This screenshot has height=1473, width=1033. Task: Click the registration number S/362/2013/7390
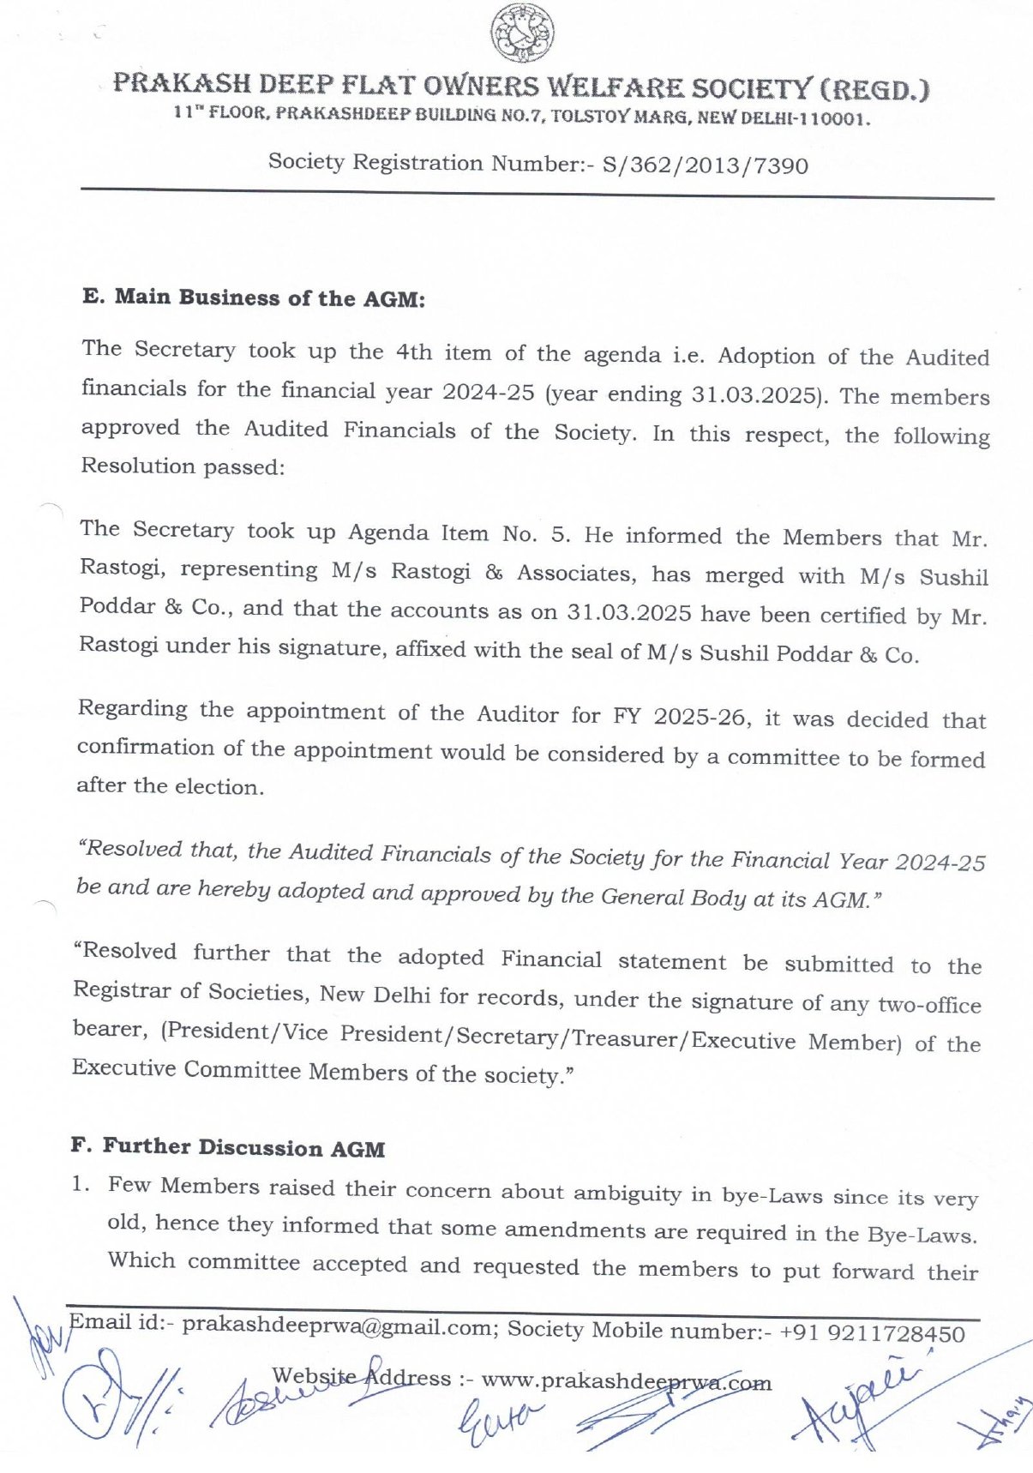(x=705, y=165)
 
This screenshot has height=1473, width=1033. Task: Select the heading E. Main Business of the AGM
(x=254, y=298)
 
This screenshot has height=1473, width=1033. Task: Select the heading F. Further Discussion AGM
(x=227, y=1147)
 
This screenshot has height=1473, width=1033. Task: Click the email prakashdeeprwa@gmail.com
(x=339, y=1325)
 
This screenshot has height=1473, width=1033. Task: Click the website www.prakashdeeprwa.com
(x=626, y=1381)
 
